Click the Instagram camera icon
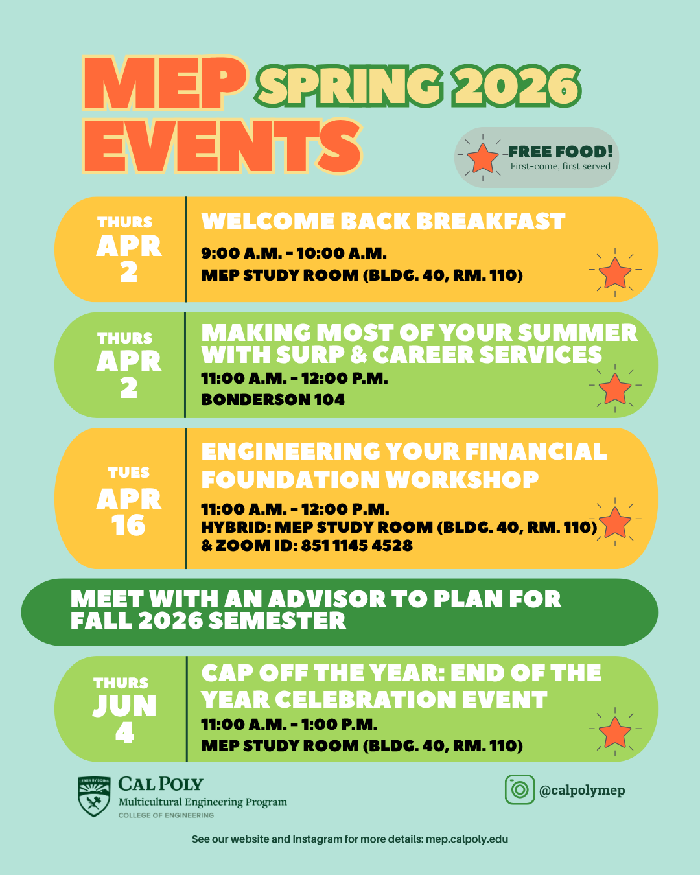519,789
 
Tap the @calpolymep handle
582,790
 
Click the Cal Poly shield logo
94,797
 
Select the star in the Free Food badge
482,158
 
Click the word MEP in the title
165,84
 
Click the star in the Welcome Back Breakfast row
614,273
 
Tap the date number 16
128,526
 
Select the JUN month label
124,706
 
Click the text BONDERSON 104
273,400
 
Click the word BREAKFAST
491,222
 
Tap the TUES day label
129,472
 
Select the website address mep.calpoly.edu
467,839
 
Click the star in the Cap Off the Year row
614,732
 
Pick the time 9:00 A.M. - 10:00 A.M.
294,253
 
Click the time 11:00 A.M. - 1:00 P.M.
289,725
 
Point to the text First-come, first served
560,167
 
